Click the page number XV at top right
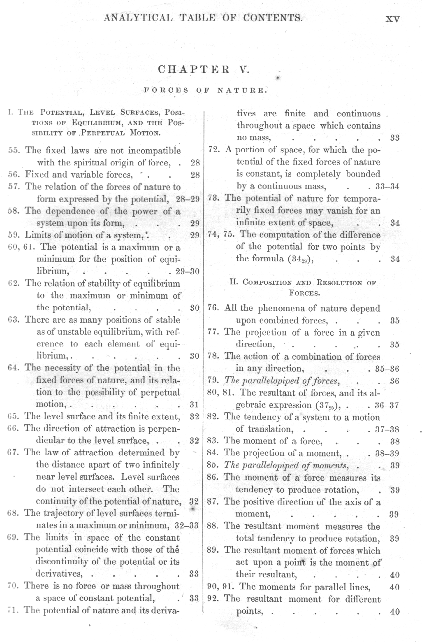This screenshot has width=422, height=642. (392, 19)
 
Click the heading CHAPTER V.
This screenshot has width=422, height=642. (204, 69)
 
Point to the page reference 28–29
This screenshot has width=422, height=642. (188, 199)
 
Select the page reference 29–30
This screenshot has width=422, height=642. (187, 272)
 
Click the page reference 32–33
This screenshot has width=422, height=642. (187, 526)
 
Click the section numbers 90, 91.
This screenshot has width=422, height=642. (220, 587)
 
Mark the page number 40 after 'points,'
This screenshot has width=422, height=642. (394, 612)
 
